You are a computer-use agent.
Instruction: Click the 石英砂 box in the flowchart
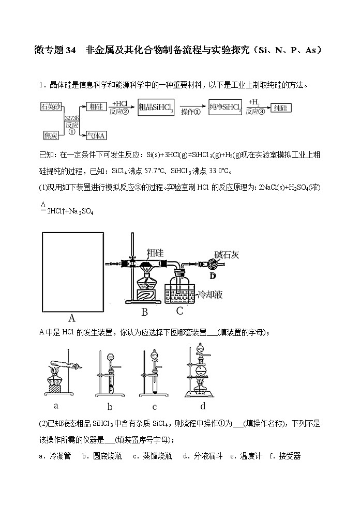click(51, 106)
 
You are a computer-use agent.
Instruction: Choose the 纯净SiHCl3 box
click(226, 107)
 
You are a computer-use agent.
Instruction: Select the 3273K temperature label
click(70, 118)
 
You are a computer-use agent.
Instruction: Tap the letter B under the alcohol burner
click(145, 312)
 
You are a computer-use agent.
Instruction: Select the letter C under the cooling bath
click(179, 311)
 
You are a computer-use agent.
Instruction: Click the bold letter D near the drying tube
click(212, 275)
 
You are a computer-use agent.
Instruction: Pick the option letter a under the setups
click(56, 406)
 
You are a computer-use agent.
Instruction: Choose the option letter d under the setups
click(203, 406)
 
